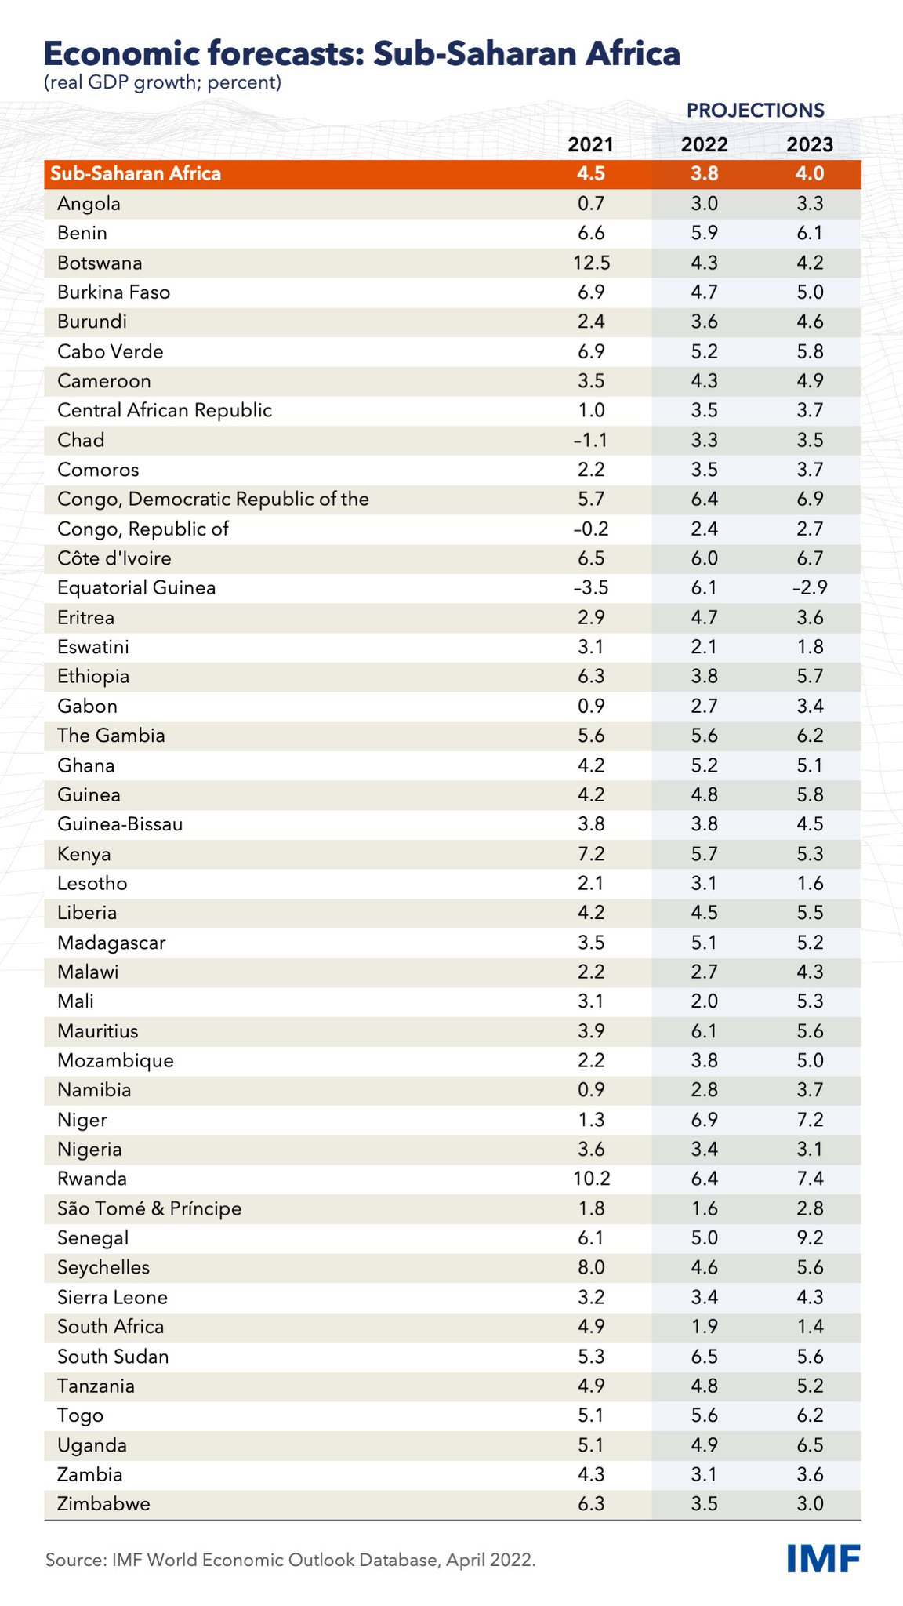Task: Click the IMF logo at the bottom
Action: point(823,1559)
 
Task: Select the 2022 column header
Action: point(704,144)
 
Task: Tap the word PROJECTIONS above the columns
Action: point(755,110)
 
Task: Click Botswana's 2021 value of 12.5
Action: point(591,263)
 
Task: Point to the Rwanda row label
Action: point(92,1179)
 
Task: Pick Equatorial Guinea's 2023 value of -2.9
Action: point(809,588)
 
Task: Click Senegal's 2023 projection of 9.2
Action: point(810,1238)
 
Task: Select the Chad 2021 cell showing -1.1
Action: point(590,440)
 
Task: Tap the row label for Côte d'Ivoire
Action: point(114,558)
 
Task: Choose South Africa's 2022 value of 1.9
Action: point(704,1327)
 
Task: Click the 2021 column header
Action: point(591,144)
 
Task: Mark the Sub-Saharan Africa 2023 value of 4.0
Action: point(810,173)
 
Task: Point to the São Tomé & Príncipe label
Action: point(150,1208)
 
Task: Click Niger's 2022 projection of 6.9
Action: point(704,1120)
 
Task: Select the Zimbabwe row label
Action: point(103,1504)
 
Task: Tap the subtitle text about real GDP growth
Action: point(163,82)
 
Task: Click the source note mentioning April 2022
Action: point(291,1561)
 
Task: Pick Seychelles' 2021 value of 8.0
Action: point(591,1267)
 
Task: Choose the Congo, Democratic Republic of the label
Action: point(213,500)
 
